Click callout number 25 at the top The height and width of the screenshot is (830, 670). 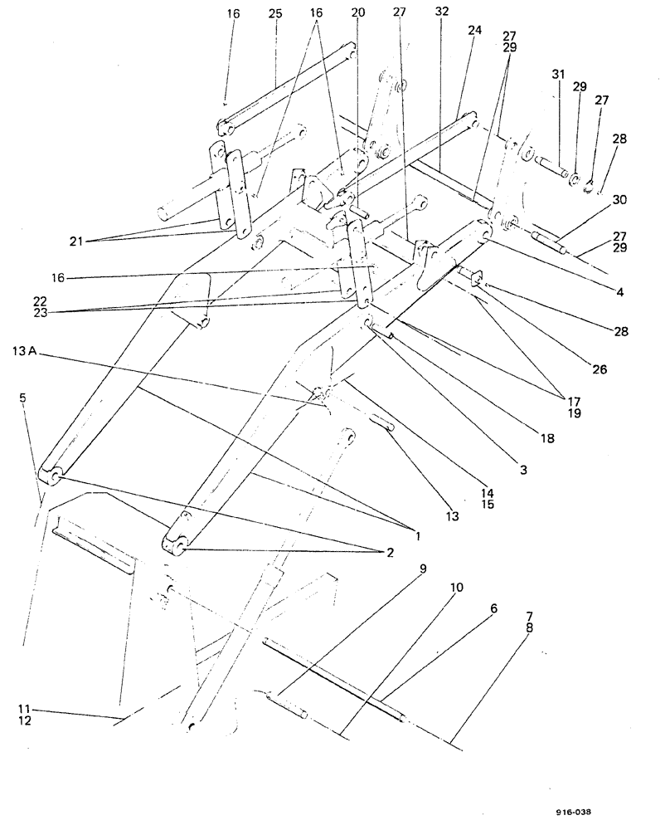275,15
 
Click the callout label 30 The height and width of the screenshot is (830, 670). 619,199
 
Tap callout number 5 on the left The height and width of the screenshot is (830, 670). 22,398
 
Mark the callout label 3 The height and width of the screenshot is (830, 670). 522,470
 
